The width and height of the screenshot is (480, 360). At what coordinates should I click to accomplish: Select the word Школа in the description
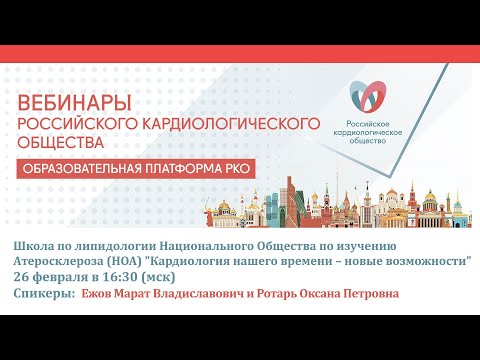tap(36, 246)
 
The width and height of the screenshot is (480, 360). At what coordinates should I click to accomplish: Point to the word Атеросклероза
tap(62, 262)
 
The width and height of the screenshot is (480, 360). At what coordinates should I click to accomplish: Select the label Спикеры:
tap(46, 294)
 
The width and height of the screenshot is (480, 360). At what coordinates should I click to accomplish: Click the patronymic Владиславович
tap(223, 294)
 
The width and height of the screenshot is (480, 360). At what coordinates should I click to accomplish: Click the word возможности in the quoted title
tap(422, 262)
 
